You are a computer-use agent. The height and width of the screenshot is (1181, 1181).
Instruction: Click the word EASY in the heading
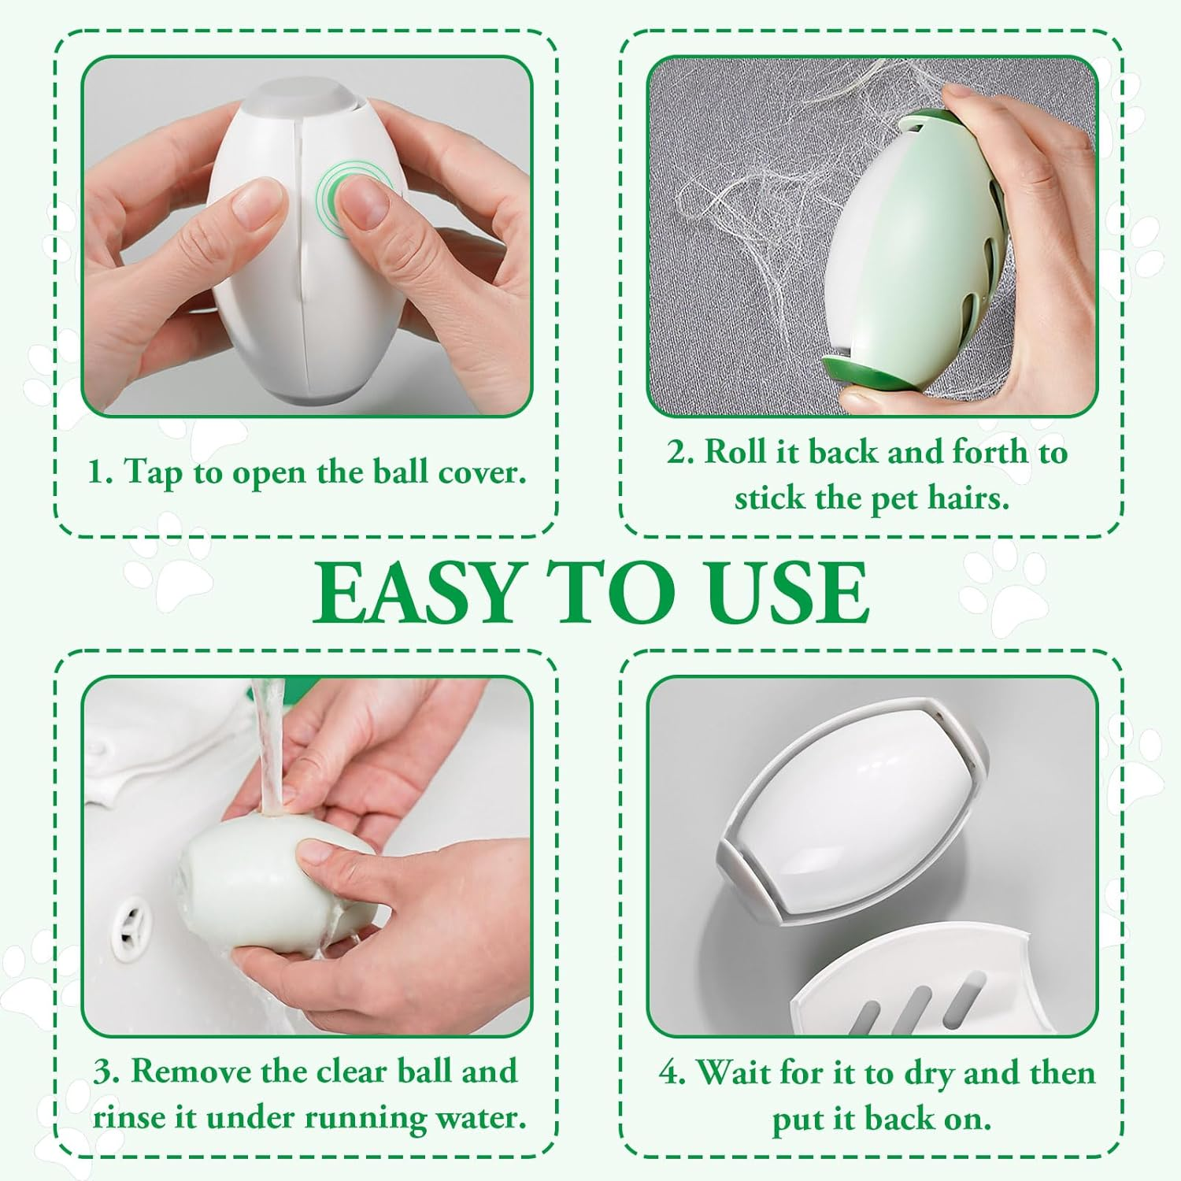(416, 593)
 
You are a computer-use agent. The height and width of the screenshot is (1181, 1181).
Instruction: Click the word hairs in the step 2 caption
(968, 498)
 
